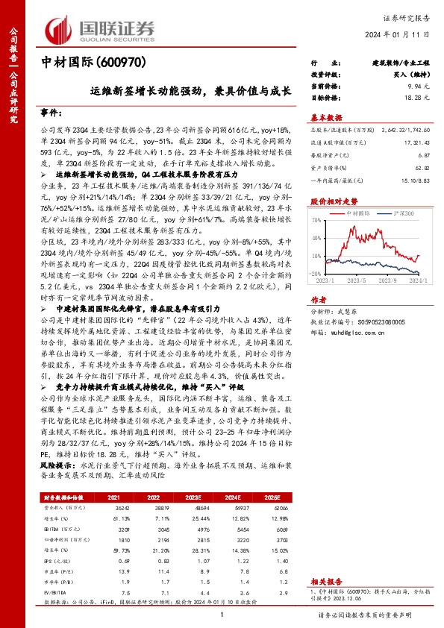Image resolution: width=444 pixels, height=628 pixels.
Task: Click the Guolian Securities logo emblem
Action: click(x=60, y=29)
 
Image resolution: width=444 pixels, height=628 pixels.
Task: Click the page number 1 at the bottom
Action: click(x=222, y=615)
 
